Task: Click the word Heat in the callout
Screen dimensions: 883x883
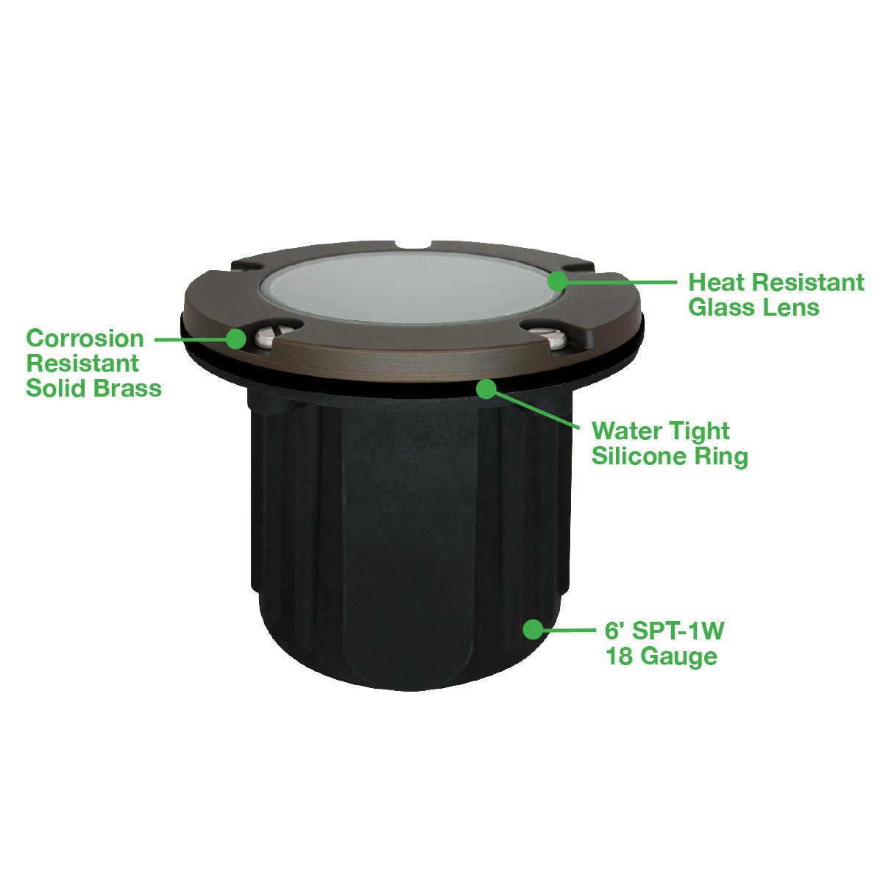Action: [716, 283]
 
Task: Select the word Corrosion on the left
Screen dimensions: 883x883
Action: [85, 339]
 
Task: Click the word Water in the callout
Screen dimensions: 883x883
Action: [623, 431]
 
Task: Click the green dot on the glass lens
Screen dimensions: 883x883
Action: [558, 281]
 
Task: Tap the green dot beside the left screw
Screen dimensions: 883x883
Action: [236, 339]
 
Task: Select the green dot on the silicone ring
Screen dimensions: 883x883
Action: [486, 389]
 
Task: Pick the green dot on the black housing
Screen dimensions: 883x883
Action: [533, 629]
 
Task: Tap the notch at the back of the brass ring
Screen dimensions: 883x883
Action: [414, 246]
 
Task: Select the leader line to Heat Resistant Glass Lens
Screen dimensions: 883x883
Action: [622, 283]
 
